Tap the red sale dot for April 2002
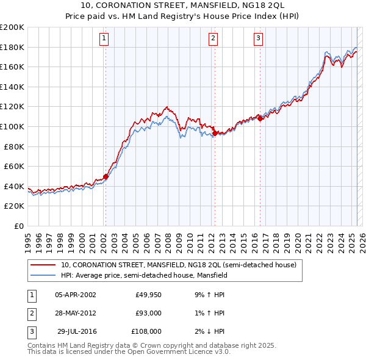pyautogui.click(x=106, y=176)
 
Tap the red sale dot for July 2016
pyautogui.click(x=260, y=118)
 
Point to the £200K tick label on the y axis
pyautogui.click(x=12, y=27)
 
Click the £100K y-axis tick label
pyautogui.click(x=12, y=127)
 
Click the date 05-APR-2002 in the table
pyautogui.click(x=75, y=295)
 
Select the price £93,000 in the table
pyautogui.click(x=148, y=313)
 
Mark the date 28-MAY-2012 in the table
pyautogui.click(x=75, y=313)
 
